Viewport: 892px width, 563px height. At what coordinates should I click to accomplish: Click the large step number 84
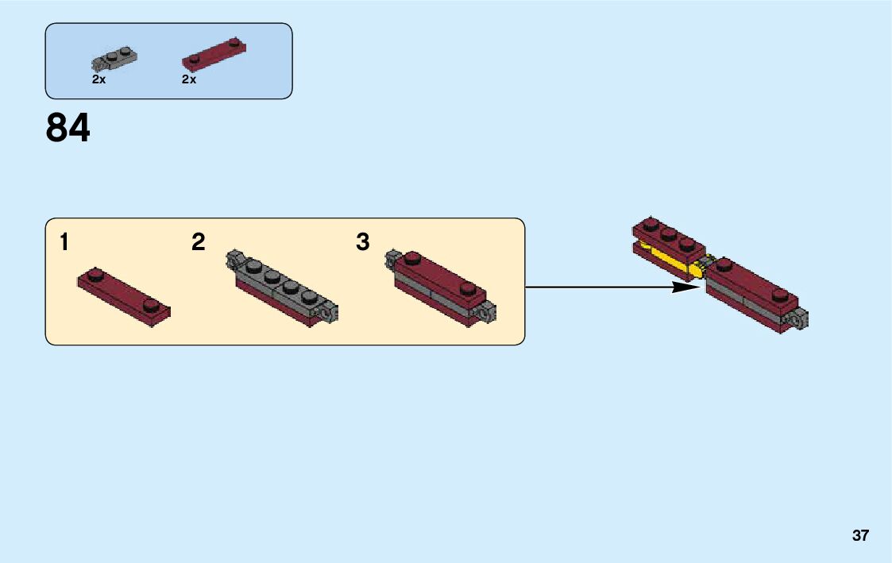click(x=68, y=129)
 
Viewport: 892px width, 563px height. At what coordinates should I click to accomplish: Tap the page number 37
click(x=860, y=536)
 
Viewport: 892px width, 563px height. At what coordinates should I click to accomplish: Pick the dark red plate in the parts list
click(x=214, y=54)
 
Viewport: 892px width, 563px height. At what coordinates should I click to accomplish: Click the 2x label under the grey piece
click(x=98, y=80)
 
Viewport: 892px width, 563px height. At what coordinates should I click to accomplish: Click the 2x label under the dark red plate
click(x=188, y=80)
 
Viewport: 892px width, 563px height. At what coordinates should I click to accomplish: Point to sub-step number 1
click(x=64, y=243)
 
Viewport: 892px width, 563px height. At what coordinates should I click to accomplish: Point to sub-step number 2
click(x=198, y=242)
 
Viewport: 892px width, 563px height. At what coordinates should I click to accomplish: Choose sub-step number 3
click(x=363, y=242)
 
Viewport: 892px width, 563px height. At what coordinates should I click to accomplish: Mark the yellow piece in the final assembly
click(x=675, y=260)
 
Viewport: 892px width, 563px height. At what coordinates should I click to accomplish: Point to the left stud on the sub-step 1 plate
click(x=95, y=276)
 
